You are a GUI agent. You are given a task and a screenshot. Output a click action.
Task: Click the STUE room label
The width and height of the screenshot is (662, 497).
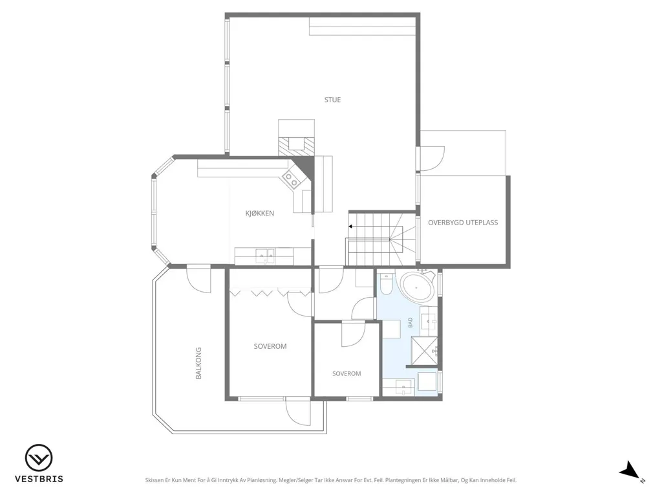(x=332, y=100)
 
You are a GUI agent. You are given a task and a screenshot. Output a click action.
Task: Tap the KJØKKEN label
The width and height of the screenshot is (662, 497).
(x=260, y=214)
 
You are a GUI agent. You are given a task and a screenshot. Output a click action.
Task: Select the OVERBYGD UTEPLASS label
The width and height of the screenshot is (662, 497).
(x=463, y=223)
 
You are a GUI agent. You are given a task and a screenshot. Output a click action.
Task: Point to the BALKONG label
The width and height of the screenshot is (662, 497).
(x=198, y=363)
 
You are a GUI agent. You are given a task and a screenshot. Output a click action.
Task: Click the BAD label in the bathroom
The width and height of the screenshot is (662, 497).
(x=410, y=323)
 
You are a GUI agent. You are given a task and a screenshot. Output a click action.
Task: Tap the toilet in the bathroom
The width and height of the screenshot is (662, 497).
(x=386, y=283)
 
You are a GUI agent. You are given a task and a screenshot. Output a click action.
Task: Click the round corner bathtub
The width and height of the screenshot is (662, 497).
(x=417, y=287)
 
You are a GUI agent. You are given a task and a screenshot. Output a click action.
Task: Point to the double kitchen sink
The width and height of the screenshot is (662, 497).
(x=264, y=255)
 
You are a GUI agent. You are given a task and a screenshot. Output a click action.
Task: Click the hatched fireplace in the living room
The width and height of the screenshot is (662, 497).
(x=296, y=146)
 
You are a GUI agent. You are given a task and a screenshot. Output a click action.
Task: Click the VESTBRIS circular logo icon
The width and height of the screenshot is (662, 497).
(x=39, y=458)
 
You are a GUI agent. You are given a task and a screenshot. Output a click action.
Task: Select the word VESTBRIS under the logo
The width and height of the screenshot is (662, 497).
(x=39, y=479)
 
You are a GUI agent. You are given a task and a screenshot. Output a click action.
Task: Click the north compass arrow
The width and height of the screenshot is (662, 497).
(x=630, y=470)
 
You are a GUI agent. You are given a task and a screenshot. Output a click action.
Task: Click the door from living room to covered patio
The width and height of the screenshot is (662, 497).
(x=431, y=159)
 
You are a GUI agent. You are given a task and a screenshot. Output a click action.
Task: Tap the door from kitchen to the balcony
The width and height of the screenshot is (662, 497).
(x=198, y=279)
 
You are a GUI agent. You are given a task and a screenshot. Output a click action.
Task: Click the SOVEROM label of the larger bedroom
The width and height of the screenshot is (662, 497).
(x=270, y=346)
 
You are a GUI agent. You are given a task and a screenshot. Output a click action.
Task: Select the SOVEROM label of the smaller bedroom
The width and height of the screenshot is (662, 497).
(x=347, y=373)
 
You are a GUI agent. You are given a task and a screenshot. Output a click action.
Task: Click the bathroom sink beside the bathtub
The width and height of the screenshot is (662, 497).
(x=430, y=321)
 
